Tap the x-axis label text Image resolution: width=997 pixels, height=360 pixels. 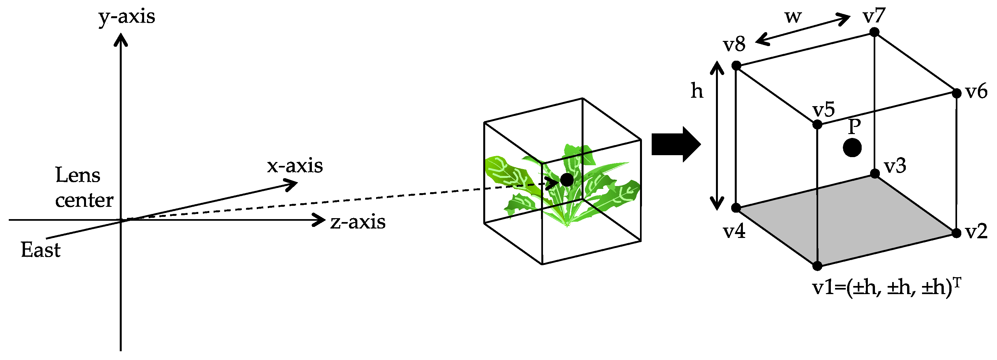pyautogui.click(x=295, y=166)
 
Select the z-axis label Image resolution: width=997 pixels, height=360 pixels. pyautogui.click(x=358, y=222)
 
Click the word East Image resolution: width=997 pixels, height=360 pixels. pyautogui.click(x=41, y=250)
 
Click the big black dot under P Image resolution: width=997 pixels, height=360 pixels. pyautogui.click(x=852, y=147)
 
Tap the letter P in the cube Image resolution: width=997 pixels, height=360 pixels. pyautogui.click(x=854, y=126)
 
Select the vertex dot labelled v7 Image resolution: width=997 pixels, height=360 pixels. pyautogui.click(x=874, y=32)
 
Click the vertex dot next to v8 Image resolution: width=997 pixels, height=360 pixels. pyautogui.click(x=736, y=66)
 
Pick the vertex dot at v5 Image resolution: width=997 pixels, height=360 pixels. pyautogui.click(x=817, y=125)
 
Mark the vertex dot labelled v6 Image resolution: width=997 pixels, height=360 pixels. pyautogui.click(x=956, y=93)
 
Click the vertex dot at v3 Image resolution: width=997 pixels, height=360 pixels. pyautogui.click(x=875, y=173)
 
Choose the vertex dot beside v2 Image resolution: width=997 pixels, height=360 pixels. pyautogui.click(x=956, y=233)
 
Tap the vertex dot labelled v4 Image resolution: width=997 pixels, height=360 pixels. pyautogui.click(x=736, y=208)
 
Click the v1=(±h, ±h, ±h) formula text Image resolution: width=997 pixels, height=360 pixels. pyautogui.click(x=886, y=287)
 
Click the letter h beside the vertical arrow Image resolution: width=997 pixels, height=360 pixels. pyautogui.click(x=697, y=91)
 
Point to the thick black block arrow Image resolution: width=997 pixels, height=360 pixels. pyautogui.click(x=676, y=144)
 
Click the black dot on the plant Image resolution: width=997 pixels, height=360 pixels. pyautogui.click(x=567, y=180)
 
